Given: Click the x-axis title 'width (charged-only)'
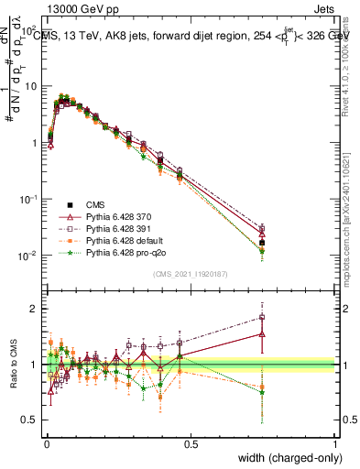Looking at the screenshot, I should click(x=285, y=459).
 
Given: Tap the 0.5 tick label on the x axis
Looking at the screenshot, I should click(x=191, y=444).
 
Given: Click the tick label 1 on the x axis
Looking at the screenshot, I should click(x=335, y=444).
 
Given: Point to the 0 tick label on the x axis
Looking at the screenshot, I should click(x=46, y=444).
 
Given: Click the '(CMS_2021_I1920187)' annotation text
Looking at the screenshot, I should click(x=190, y=274).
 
